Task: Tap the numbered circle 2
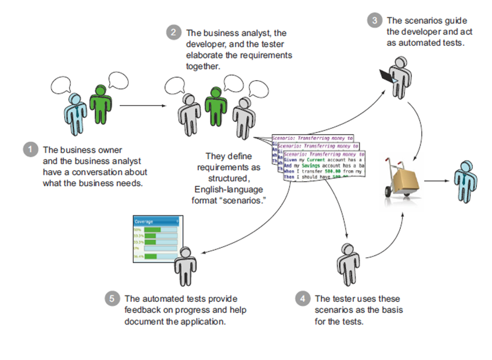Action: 173,33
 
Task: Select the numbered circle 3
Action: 374,20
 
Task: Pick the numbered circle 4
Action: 302,298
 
